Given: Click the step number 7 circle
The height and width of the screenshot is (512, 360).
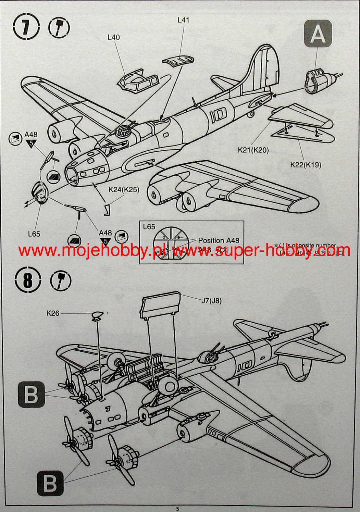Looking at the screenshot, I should coord(26,27).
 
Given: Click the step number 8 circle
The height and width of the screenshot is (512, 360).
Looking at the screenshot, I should coord(28,281).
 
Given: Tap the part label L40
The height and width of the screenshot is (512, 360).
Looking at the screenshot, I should coord(114,37).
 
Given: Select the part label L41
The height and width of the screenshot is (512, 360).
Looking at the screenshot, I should coord(183,20).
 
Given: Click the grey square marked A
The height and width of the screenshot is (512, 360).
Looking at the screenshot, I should coord(318,33).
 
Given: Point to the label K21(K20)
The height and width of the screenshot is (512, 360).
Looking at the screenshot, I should coord(253,150).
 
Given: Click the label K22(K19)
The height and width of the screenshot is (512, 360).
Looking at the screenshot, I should coord(306,165).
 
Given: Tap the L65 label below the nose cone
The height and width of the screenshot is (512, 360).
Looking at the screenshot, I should coord(34,234).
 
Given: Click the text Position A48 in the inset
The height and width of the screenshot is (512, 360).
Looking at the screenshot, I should coord(219,240).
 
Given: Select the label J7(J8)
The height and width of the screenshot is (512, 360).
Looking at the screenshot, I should coord(211,301).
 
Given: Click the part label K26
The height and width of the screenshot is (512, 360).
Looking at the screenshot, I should coord(53,313).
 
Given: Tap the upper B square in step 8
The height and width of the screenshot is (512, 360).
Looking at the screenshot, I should coord(31,394).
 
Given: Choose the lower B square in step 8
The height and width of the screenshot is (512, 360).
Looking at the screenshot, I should coord(50,483).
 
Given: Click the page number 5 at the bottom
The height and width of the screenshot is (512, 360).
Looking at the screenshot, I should coord(177,509).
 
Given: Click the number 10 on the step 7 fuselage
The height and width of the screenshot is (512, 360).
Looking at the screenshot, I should coord(218,115).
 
